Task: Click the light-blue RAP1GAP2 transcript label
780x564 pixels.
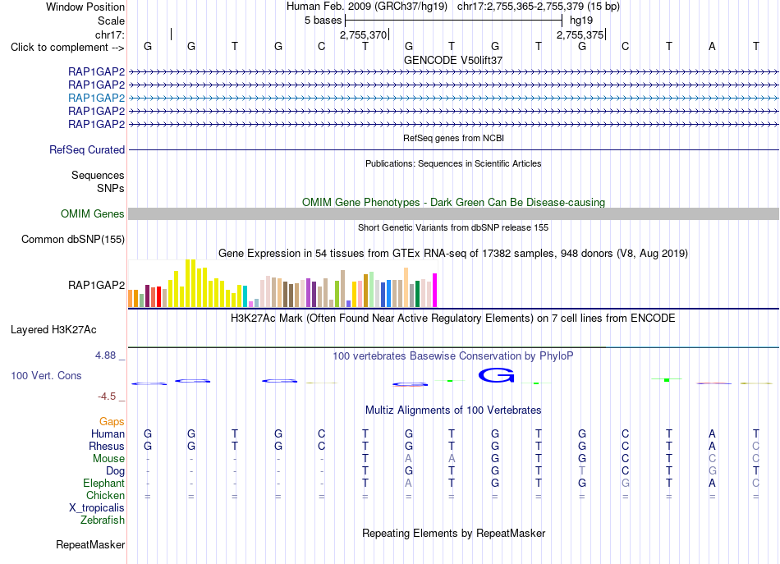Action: pyautogui.click(x=97, y=98)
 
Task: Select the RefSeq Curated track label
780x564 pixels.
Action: pyautogui.click(x=87, y=149)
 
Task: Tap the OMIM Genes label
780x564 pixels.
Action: pyautogui.click(x=93, y=214)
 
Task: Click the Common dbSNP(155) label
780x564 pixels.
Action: pyautogui.click(x=73, y=239)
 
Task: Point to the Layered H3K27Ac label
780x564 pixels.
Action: pyautogui.click(x=53, y=330)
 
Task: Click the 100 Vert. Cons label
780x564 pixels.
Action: pyautogui.click(x=46, y=375)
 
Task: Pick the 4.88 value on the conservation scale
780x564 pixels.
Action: pyautogui.click(x=105, y=355)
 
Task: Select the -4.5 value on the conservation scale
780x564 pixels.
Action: pyautogui.click(x=107, y=396)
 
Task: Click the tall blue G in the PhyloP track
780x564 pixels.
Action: pyautogui.click(x=496, y=375)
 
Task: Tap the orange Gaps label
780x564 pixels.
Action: pyautogui.click(x=112, y=422)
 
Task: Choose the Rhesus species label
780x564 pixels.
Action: pyautogui.click(x=107, y=446)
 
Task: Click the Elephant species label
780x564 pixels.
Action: pyautogui.click(x=104, y=483)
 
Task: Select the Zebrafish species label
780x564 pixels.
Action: pyautogui.click(x=103, y=520)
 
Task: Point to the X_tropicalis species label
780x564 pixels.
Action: pyautogui.click(x=97, y=508)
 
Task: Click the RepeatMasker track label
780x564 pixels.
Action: pyautogui.click(x=90, y=544)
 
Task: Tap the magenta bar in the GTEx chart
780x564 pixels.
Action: pyautogui.click(x=435, y=291)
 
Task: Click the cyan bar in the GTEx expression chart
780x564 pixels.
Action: pyautogui.click(x=245, y=296)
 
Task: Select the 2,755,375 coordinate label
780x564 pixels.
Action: pyautogui.click(x=580, y=34)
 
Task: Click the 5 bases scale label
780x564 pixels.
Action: pyautogui.click(x=323, y=21)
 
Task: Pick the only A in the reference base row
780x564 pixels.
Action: pyautogui.click(x=713, y=47)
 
